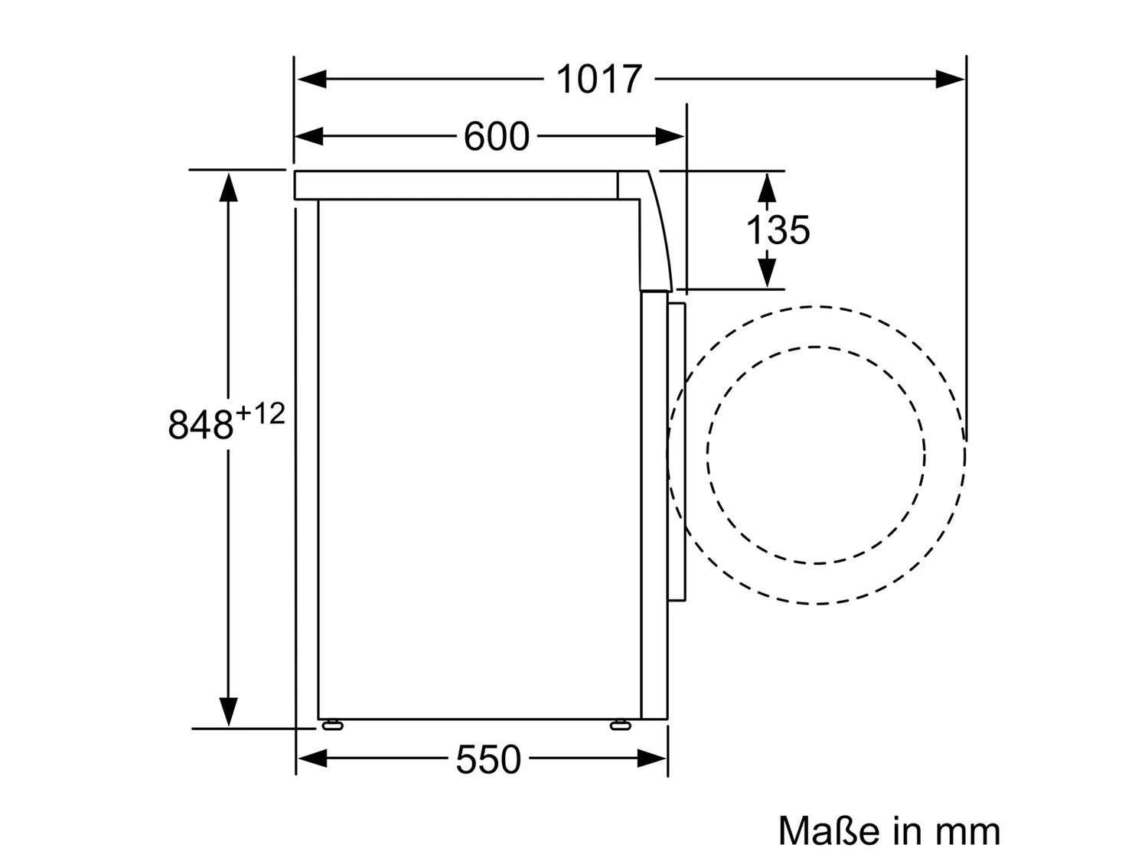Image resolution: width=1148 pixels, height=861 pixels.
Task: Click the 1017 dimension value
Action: pos(598,80)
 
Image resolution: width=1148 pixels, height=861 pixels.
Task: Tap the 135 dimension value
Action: pos(778,230)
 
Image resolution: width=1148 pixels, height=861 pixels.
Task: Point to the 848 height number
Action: pos(200,425)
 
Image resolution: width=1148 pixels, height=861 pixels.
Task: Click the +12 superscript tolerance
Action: pos(260,414)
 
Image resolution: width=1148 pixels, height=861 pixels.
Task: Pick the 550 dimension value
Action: pos(488,760)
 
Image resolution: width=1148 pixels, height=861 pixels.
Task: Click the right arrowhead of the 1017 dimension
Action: pos(951,79)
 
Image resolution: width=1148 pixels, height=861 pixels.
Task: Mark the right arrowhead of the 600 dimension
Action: pos(670,137)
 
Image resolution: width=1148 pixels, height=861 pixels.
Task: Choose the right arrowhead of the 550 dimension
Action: pos(652,758)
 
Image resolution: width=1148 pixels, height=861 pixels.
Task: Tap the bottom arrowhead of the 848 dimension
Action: pos(228,712)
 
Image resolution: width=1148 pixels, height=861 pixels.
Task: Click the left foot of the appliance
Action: pos(332,724)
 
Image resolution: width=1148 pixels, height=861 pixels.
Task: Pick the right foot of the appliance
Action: pos(621,724)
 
